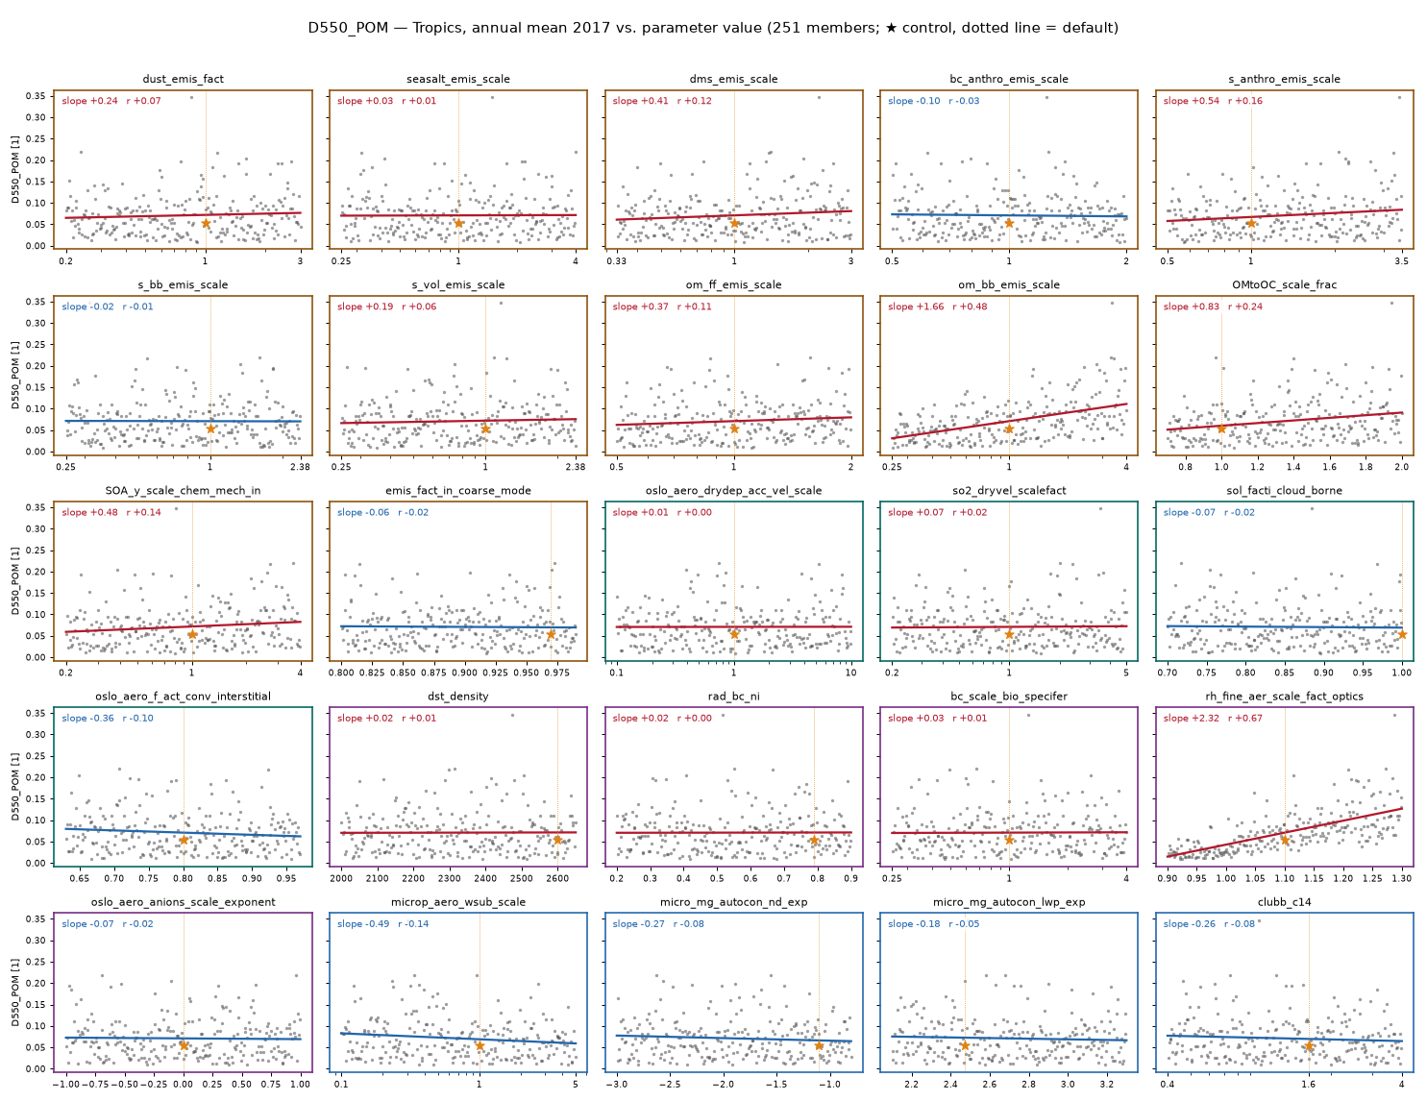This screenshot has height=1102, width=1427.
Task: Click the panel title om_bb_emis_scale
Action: click(1009, 284)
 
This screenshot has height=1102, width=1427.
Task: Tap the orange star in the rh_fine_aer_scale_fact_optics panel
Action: click(1285, 840)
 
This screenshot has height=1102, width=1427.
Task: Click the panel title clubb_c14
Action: click(1284, 902)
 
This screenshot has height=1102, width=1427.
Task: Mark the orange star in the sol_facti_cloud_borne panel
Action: click(1402, 634)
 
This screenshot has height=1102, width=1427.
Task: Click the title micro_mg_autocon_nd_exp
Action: click(733, 902)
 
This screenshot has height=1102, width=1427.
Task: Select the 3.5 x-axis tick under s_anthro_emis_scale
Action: click(1401, 260)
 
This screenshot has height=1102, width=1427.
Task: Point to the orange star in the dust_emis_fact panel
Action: click(206, 223)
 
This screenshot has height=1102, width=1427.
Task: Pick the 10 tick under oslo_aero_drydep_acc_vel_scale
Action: click(850, 673)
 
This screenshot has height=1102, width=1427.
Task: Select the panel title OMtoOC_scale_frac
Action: click(1284, 284)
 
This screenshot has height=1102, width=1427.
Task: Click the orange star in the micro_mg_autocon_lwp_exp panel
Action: click(965, 1045)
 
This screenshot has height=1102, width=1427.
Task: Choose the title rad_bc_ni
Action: click(733, 696)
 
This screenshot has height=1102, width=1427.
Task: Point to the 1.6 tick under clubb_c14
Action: click(1308, 1084)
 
